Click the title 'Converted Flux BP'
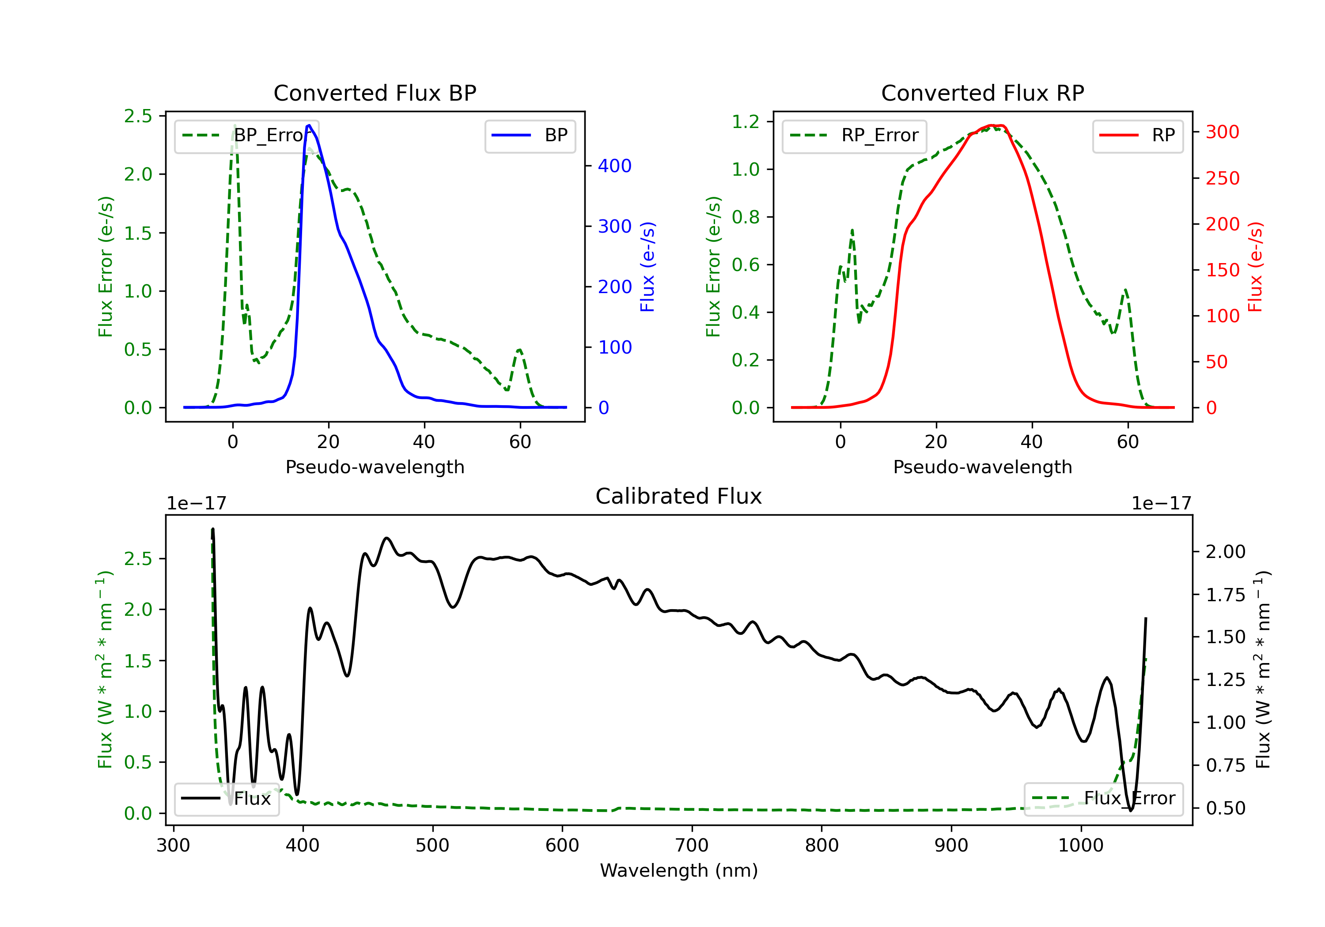(x=375, y=93)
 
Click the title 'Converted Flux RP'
(x=982, y=93)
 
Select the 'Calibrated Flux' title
(x=679, y=496)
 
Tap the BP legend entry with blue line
(x=530, y=135)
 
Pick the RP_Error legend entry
(x=854, y=135)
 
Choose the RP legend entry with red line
(x=1137, y=135)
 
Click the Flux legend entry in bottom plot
(x=226, y=799)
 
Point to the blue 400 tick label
(x=615, y=166)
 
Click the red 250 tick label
(x=1222, y=178)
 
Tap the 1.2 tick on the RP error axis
(x=745, y=122)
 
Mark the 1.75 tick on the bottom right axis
(x=1226, y=595)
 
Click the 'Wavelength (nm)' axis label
(x=679, y=870)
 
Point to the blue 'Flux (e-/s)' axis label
(x=647, y=267)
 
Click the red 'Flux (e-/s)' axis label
(x=1255, y=267)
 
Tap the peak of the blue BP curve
(x=309, y=125)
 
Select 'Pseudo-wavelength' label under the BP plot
(x=375, y=467)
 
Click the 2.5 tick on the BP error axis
(x=138, y=116)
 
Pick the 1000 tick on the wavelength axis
(x=1080, y=846)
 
